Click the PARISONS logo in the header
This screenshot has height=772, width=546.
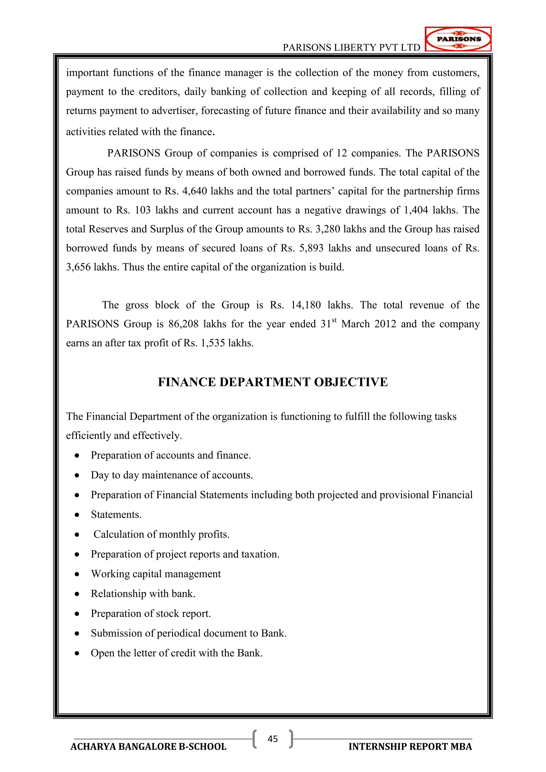point(458,39)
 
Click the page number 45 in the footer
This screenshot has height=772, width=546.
point(273,739)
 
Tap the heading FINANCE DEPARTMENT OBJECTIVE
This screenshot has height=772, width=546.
point(273,382)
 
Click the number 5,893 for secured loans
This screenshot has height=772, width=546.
point(311,248)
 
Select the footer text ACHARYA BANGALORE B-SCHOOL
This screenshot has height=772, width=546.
point(148,747)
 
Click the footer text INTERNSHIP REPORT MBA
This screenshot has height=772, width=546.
point(410,747)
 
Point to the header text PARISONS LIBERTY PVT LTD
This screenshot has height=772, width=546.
point(351,48)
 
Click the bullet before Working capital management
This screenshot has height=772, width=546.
point(77,574)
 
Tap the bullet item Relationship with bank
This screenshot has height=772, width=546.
point(143,594)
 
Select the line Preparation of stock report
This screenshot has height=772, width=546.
point(151,614)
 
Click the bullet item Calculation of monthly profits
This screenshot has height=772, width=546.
point(161,535)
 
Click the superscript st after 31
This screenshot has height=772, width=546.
point(334,320)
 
